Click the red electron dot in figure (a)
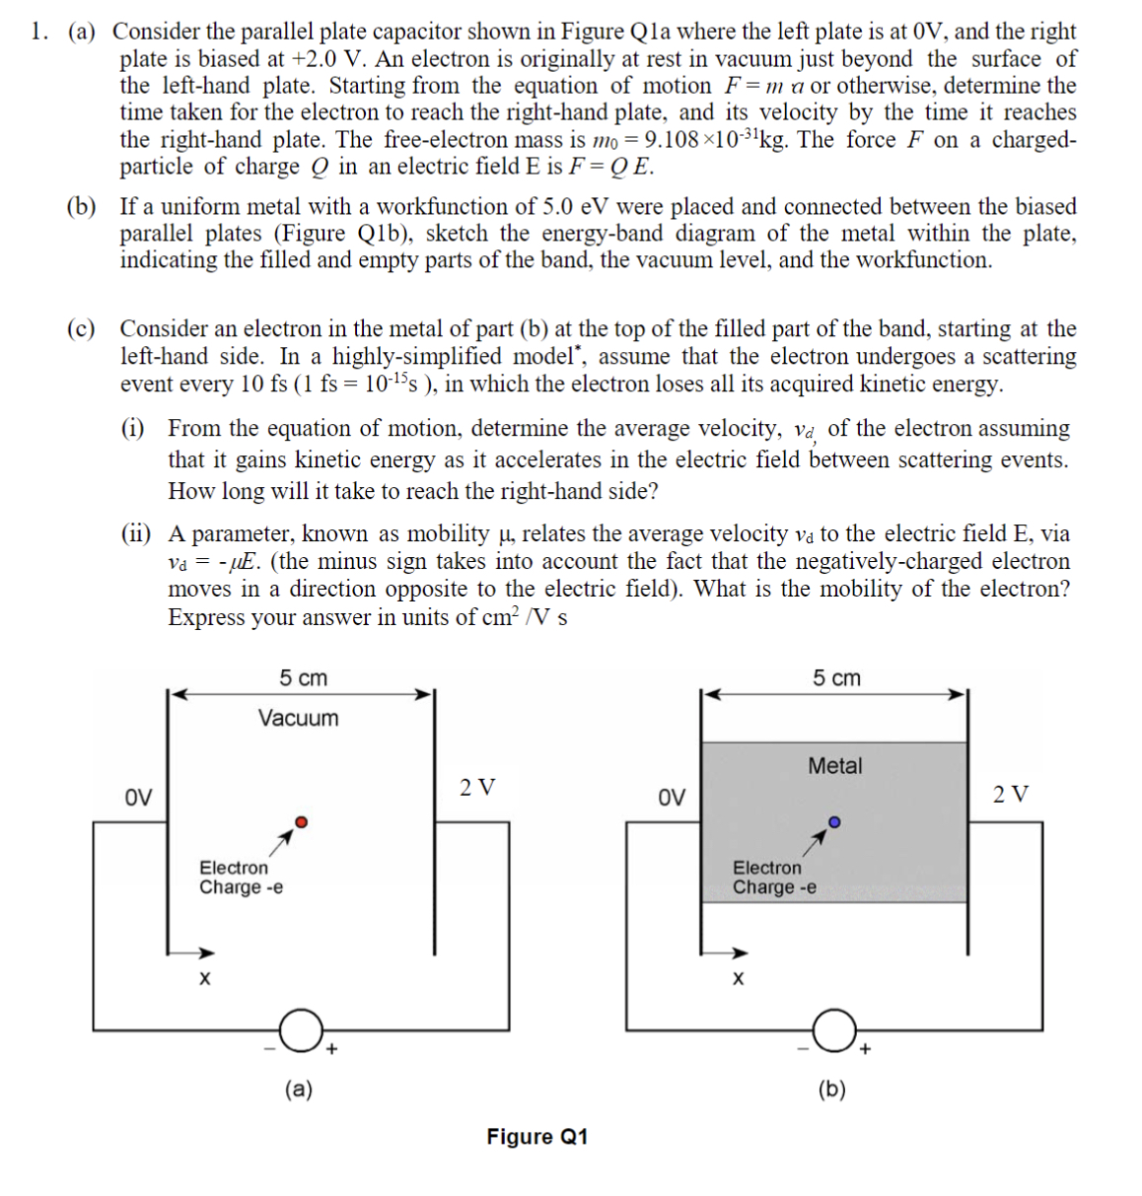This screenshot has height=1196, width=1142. click(302, 821)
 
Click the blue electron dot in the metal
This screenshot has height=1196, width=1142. click(834, 821)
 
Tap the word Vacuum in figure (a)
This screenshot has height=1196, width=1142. click(298, 718)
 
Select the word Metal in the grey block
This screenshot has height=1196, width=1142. click(834, 765)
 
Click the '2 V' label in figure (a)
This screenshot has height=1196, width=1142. click(477, 787)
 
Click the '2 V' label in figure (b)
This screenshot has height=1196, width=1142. click(1011, 794)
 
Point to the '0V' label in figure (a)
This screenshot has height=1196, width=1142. click(139, 797)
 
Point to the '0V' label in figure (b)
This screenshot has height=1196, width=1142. click(672, 797)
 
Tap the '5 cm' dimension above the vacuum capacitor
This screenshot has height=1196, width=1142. click(303, 678)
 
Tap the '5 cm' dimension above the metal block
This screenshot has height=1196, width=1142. click(836, 678)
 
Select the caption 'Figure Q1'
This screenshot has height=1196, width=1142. click(536, 1137)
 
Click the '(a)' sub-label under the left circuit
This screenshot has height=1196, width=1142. click(298, 1089)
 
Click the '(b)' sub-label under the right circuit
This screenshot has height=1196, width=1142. click(831, 1089)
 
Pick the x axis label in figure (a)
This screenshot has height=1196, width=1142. click(204, 979)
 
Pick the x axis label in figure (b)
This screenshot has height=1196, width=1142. click(738, 979)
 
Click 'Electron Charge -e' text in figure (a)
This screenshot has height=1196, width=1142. click(240, 878)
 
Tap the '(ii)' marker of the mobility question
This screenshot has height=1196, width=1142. click(136, 534)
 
